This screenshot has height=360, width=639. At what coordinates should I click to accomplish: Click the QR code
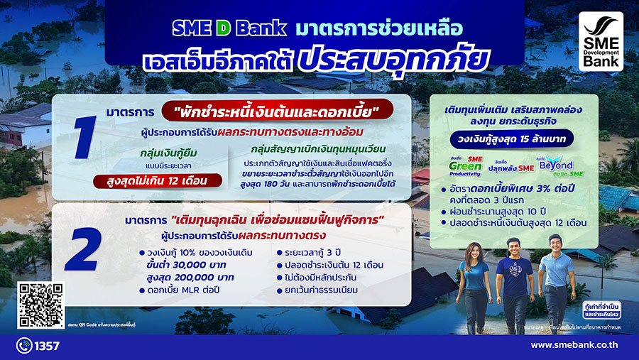pos(40,305)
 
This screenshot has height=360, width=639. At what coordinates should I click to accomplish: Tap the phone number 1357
pos(47,347)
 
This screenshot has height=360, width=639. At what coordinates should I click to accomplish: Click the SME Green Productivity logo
pos(466,165)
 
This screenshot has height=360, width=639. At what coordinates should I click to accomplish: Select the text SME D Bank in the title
pos(229,28)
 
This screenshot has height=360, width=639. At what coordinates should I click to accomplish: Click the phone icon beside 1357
pos(23,347)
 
